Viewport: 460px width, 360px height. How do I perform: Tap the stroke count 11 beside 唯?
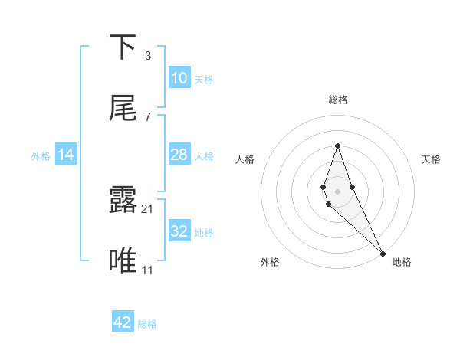[x=149, y=270]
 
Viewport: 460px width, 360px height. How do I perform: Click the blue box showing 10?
[x=179, y=78]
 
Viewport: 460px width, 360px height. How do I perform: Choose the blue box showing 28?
[x=179, y=155]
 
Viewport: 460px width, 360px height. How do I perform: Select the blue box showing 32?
[x=179, y=231]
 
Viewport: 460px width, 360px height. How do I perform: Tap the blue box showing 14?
[x=66, y=155]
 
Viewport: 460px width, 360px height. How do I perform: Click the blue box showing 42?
[x=123, y=322]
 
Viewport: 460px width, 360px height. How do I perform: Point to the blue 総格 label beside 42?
[x=147, y=324]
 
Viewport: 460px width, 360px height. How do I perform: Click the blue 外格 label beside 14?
[x=41, y=156]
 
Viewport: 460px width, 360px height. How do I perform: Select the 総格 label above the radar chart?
[x=337, y=100]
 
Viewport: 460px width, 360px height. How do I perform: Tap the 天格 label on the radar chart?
[x=431, y=159]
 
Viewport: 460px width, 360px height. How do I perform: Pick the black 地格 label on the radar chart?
[x=402, y=262]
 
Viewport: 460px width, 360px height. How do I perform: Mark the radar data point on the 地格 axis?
[x=383, y=253]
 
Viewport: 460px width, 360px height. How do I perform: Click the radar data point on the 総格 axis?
[x=337, y=146]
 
